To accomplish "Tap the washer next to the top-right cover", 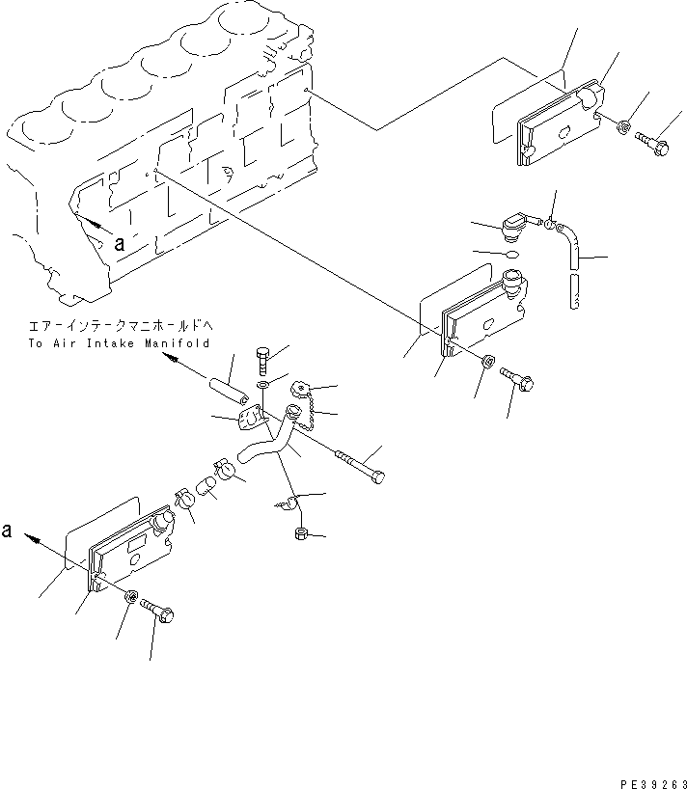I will [625, 126].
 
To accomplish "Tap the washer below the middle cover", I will [488, 364].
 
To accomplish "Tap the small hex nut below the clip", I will [300, 531].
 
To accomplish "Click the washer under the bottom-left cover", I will [132, 598].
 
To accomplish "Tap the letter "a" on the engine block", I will [119, 244].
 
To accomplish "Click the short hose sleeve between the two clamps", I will [206, 488].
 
